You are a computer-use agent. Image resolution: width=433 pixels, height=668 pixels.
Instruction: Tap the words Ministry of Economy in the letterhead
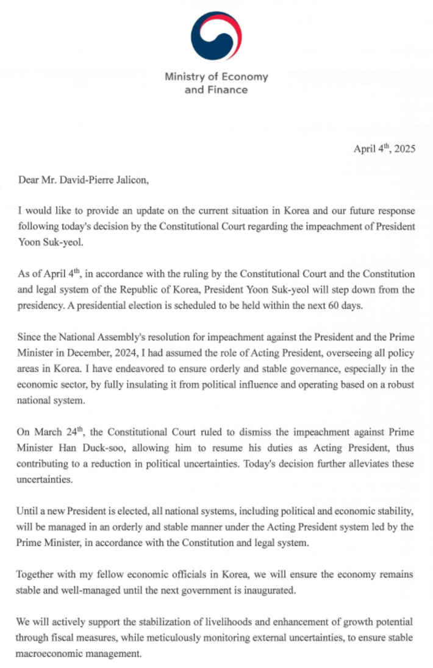coord(216,77)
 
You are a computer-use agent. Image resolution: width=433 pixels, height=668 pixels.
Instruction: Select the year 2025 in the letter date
coord(403,149)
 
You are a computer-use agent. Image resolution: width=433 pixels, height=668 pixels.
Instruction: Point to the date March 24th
coord(56,433)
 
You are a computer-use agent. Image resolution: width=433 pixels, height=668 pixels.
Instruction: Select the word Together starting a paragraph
coord(38,574)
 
